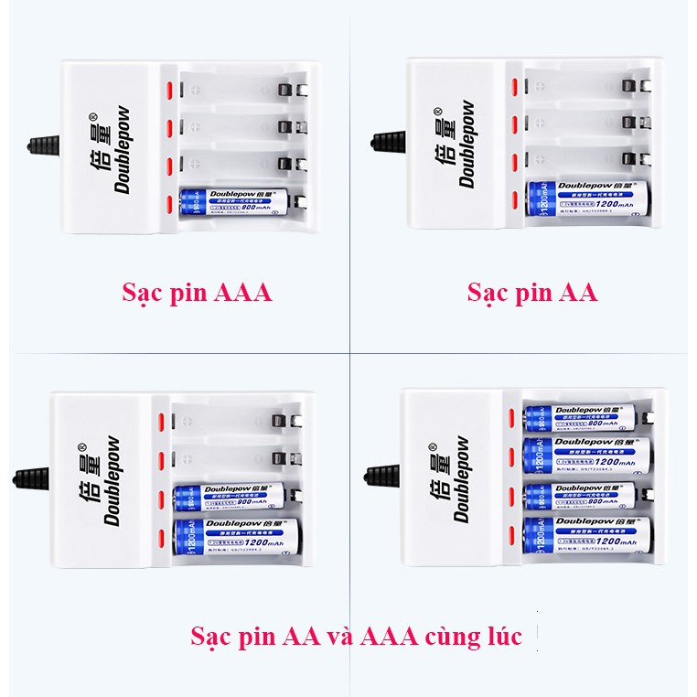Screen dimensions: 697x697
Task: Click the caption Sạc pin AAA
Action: click(x=197, y=293)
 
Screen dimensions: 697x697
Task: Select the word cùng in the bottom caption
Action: click(x=445, y=636)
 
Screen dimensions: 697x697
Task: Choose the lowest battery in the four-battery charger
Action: click(x=586, y=537)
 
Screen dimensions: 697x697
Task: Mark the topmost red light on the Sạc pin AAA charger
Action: click(x=168, y=91)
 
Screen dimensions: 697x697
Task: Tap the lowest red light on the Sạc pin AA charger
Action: click(x=513, y=201)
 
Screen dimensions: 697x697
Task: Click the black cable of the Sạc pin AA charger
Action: click(x=389, y=142)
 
